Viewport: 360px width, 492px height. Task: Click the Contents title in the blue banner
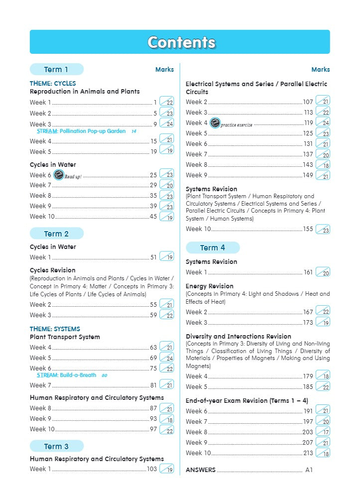click(181, 42)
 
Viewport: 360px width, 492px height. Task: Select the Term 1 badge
click(56, 69)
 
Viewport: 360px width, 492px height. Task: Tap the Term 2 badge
click(56, 234)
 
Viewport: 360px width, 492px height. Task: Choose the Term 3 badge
click(56, 446)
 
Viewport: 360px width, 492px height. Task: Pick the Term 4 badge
click(213, 247)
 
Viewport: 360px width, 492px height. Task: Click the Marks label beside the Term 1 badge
click(164, 70)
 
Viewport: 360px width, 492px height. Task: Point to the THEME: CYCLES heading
click(53, 84)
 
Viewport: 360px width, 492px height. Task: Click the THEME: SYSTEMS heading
click(55, 329)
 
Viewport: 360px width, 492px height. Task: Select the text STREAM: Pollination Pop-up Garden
click(81, 131)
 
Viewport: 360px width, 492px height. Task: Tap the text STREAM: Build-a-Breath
click(67, 375)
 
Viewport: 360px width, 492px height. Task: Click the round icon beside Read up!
click(58, 175)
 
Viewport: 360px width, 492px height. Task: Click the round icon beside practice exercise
click(215, 123)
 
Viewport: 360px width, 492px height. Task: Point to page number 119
click(309, 123)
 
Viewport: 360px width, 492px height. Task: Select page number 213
click(308, 453)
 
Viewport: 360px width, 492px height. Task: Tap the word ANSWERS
click(201, 470)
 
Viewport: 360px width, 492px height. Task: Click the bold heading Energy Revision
click(209, 286)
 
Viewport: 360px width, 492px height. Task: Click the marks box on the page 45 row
click(167, 217)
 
